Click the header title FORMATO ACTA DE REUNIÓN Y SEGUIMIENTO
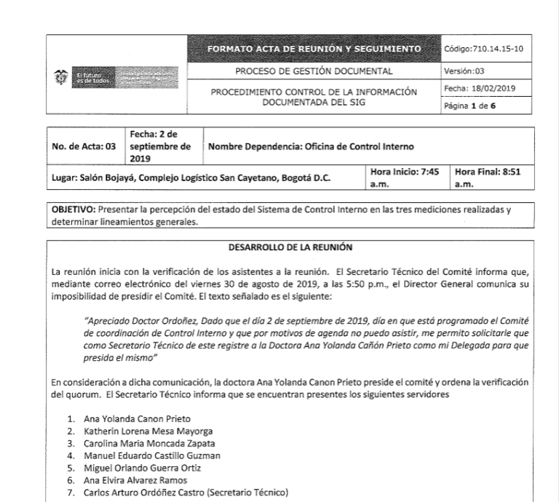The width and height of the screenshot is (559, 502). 314,49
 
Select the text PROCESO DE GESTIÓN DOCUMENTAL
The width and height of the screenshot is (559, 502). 314,72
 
